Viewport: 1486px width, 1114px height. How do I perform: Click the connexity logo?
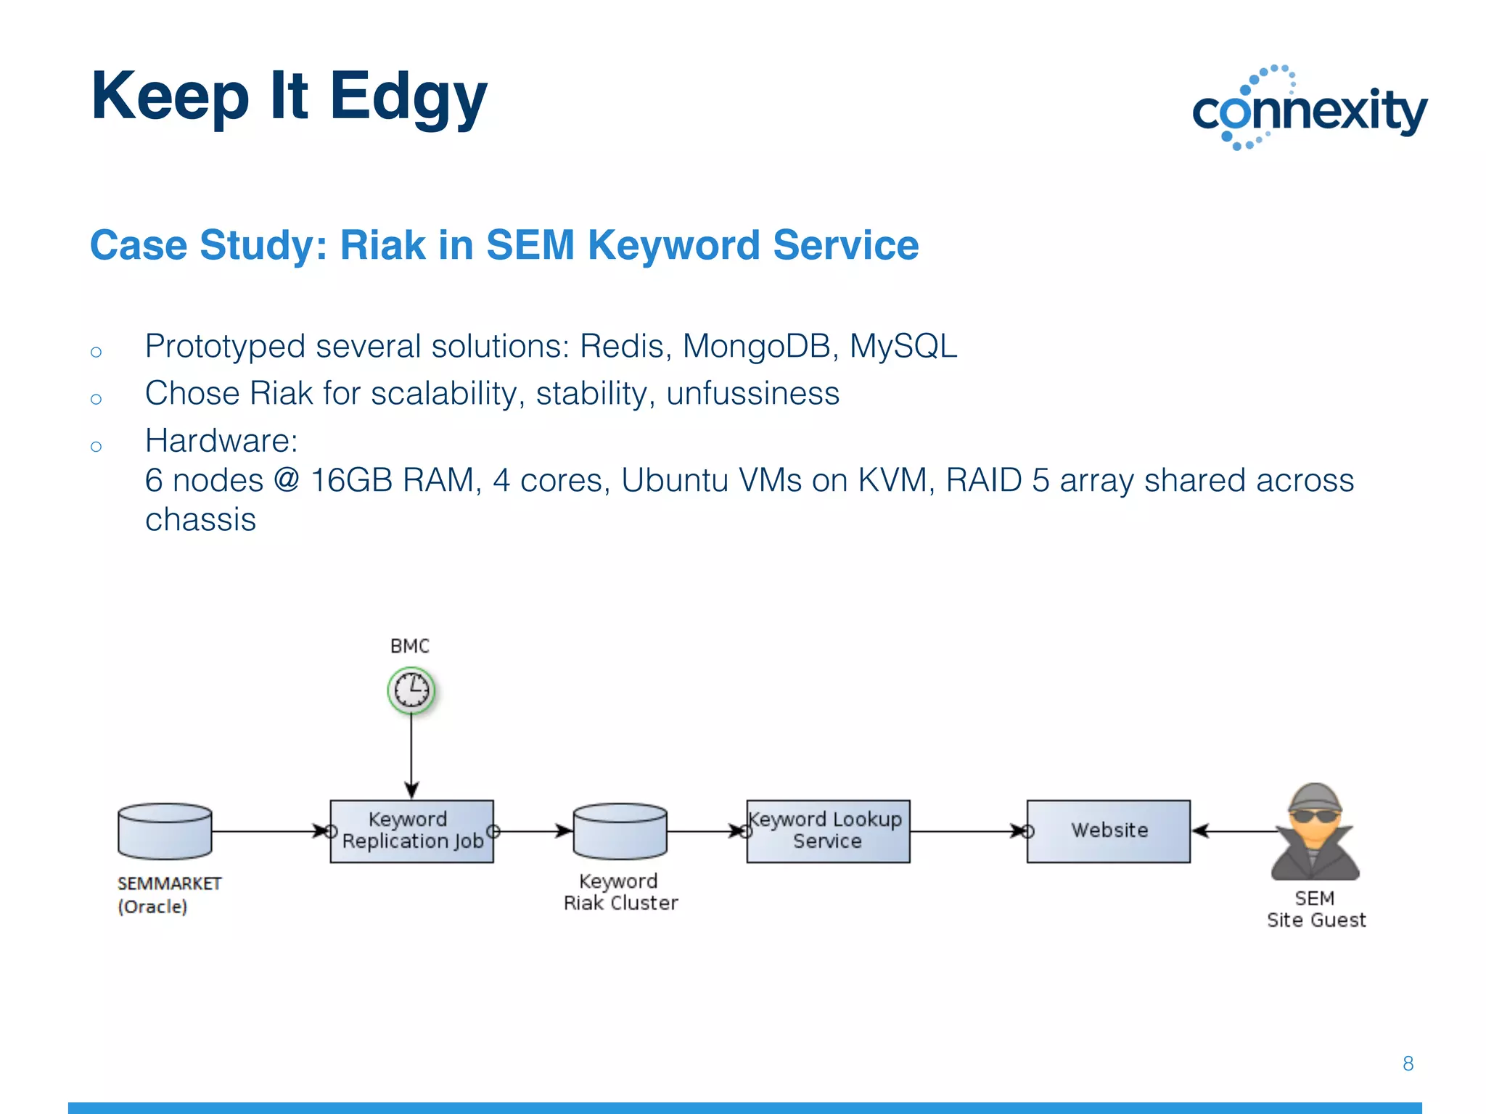pyautogui.click(x=1310, y=109)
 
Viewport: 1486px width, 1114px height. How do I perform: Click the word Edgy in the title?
pyautogui.click(x=408, y=98)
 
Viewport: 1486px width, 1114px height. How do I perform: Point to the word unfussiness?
pyautogui.click(x=752, y=394)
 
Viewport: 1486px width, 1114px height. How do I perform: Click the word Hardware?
pyautogui.click(x=221, y=441)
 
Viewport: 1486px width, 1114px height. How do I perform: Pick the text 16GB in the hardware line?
pyautogui.click(x=353, y=481)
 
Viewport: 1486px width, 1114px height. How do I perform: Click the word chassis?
pyautogui.click(x=200, y=520)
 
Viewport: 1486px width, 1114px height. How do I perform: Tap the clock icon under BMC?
pyautogui.click(x=411, y=690)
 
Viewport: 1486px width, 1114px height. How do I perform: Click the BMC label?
pyautogui.click(x=410, y=646)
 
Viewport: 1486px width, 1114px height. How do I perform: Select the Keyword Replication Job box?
pyautogui.click(x=411, y=831)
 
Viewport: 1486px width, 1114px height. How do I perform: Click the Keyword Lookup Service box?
pyautogui.click(x=828, y=831)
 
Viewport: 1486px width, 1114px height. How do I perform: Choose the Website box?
pyautogui.click(x=1108, y=831)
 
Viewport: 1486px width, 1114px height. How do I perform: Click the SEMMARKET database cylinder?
pyautogui.click(x=165, y=831)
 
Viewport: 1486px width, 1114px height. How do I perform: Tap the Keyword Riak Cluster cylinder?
pyautogui.click(x=620, y=831)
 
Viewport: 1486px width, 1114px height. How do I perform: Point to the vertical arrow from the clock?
pyautogui.click(x=411, y=754)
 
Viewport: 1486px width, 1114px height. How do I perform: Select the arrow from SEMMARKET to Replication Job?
pyautogui.click(x=268, y=831)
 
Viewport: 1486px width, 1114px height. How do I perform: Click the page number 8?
pyautogui.click(x=1408, y=1064)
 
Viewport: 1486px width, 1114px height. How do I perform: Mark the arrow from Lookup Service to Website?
pyautogui.click(x=965, y=831)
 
